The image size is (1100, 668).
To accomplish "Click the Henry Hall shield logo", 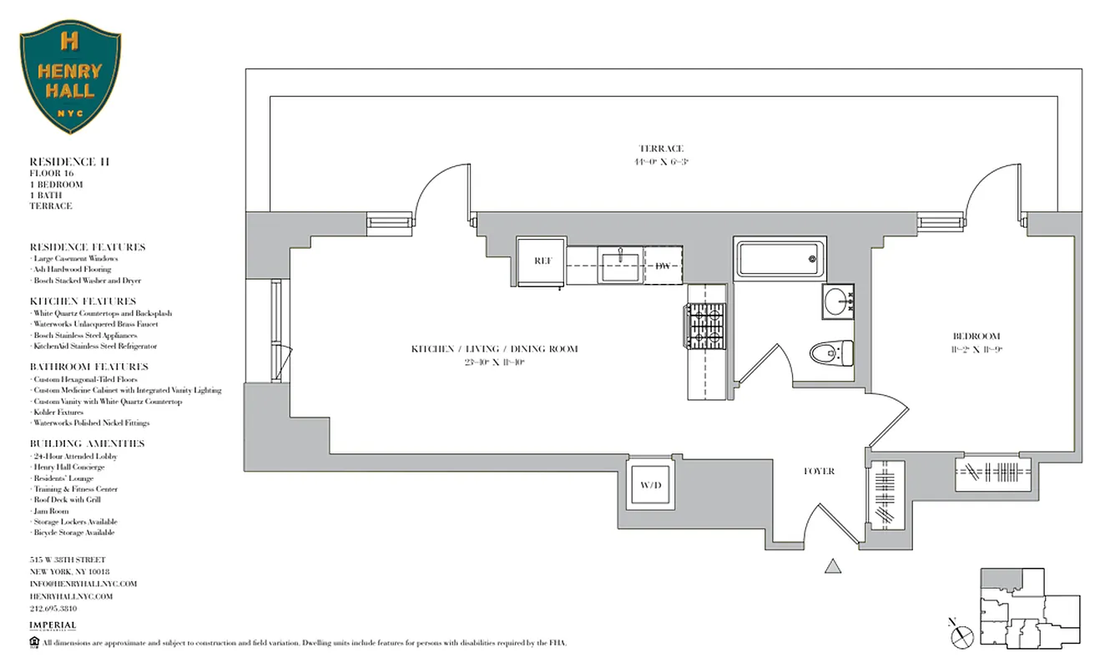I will point(70,77).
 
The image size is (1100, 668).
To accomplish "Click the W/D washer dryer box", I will point(650,484).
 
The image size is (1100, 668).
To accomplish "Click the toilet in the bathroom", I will point(831,353).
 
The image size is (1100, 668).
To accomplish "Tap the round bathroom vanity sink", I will point(836,301).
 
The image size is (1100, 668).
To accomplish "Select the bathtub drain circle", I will point(811,259).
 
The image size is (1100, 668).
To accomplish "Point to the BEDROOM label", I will point(976,337).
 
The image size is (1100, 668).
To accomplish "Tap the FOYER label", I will point(819,471).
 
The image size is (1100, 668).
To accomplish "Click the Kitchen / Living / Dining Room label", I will point(494,349).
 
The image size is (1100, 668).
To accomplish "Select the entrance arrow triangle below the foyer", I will point(832,566).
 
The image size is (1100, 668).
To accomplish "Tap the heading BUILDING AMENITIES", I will point(87,443).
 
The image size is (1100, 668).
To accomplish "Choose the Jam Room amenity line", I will point(51,511).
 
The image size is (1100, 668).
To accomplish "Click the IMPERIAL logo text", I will point(53,625).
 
